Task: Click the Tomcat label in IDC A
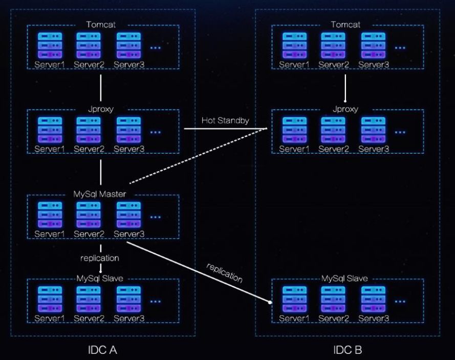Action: (x=100, y=24)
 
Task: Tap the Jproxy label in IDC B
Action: (x=345, y=109)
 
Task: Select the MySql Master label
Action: (x=100, y=194)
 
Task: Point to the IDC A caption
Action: (x=103, y=350)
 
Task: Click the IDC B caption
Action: (x=348, y=350)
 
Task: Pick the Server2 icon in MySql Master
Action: (x=89, y=214)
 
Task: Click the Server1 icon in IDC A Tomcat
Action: (x=50, y=45)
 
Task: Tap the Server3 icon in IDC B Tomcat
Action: (x=373, y=45)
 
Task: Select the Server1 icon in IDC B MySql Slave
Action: (x=294, y=299)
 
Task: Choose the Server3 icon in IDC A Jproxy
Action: (x=128, y=129)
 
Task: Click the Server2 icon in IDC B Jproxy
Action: (x=333, y=129)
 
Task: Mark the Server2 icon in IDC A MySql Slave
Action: (x=89, y=299)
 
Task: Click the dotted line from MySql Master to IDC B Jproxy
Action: (x=200, y=156)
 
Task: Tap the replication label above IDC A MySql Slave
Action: (x=99, y=258)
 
